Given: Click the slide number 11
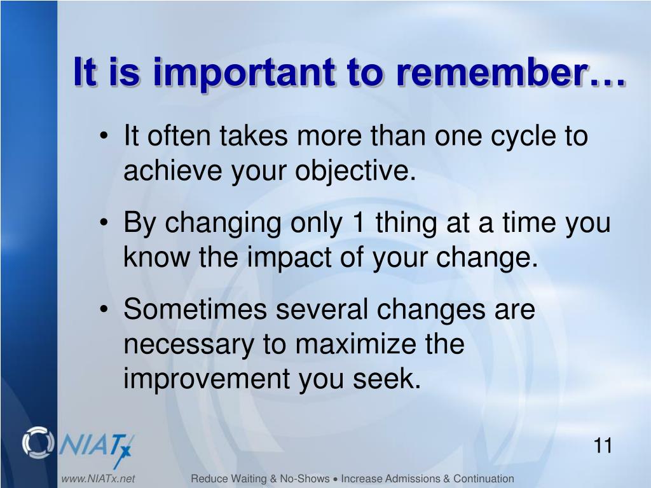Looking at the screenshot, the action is (603, 445).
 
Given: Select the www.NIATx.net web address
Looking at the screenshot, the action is (98, 478).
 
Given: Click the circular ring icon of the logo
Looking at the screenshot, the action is (38, 442).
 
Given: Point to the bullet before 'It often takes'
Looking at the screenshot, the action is (104, 137).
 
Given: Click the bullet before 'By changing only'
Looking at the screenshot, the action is (104, 223).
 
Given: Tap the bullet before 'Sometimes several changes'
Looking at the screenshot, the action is (104, 310).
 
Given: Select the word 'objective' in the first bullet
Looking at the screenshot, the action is (352, 172).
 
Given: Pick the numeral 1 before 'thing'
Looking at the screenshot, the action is (359, 222).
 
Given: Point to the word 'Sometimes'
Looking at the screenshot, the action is (195, 309).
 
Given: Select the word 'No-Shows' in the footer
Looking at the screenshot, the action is (305, 478).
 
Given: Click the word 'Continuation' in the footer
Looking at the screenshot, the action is (483, 478).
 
